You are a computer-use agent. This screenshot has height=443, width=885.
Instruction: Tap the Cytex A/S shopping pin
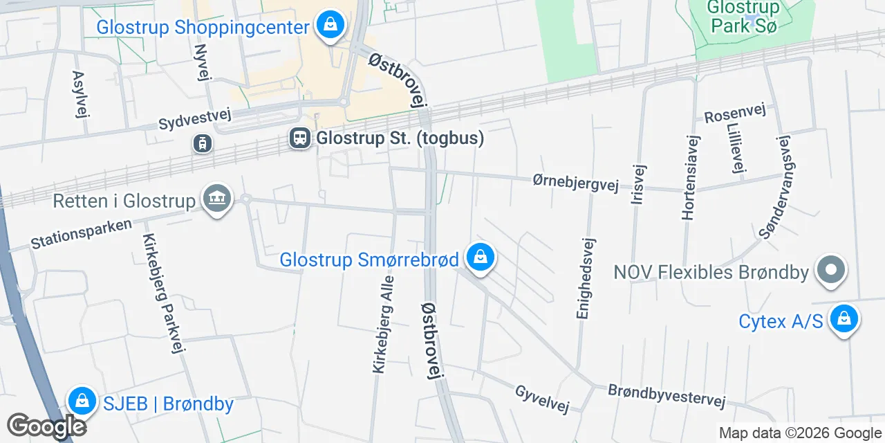(844, 320)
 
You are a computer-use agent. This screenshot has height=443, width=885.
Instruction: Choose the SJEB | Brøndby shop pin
(82, 401)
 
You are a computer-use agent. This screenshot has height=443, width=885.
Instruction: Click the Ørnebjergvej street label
(575, 182)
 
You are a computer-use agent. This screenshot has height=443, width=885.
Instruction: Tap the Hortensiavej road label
(690, 177)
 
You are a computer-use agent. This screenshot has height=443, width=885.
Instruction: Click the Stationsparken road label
(81, 235)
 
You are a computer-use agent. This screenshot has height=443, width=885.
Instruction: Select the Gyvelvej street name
(542, 399)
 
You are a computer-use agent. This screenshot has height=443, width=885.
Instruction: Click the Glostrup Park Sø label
(743, 17)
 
